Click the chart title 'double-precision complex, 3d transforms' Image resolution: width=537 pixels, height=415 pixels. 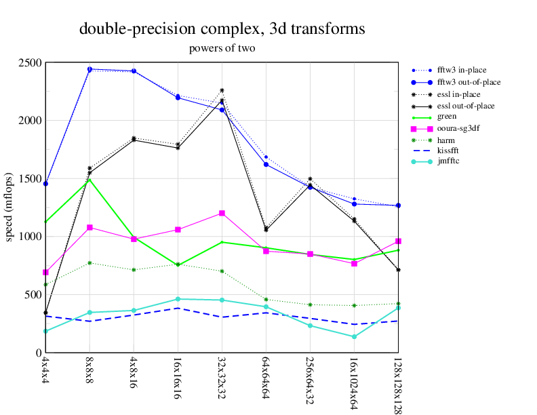tap(222, 29)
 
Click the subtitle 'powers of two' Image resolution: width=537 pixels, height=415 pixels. tap(222, 48)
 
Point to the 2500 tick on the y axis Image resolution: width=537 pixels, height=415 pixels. tap(30, 63)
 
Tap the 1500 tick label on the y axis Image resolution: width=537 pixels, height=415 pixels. tap(30, 179)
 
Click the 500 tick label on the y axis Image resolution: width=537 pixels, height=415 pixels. tap(33, 295)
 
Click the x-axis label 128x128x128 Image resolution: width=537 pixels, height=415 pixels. tap(397, 384)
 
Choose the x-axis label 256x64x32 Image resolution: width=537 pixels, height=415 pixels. tap(310, 378)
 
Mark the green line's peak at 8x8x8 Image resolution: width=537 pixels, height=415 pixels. tap(89, 179)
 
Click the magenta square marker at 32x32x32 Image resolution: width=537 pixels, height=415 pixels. tap(222, 213)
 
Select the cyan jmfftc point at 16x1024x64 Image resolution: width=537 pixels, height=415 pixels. tap(354, 336)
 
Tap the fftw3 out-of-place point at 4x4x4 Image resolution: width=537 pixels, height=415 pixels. tap(45, 184)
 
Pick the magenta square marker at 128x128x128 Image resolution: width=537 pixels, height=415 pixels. tap(398, 241)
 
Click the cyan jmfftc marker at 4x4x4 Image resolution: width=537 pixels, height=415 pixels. tap(45, 331)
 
